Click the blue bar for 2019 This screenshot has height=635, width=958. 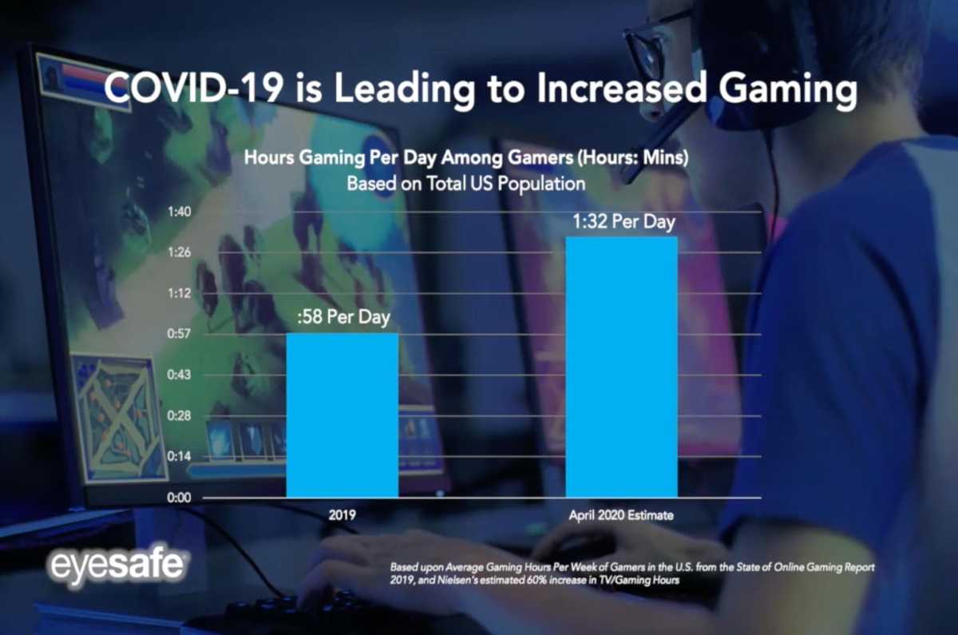click(x=342, y=415)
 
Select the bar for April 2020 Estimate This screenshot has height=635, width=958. click(x=621, y=367)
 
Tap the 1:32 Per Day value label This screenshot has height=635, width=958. click(x=623, y=222)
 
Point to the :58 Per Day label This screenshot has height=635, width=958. click(x=342, y=318)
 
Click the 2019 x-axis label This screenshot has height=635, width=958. click(x=342, y=515)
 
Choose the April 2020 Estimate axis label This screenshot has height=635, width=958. click(x=621, y=515)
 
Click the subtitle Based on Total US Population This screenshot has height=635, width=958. click(x=466, y=183)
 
